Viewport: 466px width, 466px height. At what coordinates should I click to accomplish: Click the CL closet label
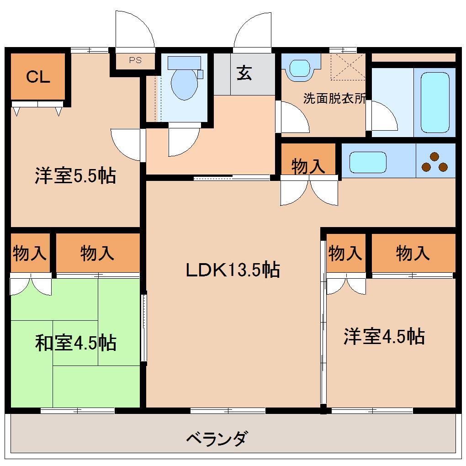point(38,77)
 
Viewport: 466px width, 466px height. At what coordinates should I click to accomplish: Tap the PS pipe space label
point(135,60)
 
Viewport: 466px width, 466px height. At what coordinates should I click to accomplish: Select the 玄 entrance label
point(244,73)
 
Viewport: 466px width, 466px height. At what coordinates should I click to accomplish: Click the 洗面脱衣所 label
point(334,98)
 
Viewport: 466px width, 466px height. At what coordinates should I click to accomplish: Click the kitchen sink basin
point(368,162)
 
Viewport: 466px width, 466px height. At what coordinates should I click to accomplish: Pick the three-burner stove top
point(435,162)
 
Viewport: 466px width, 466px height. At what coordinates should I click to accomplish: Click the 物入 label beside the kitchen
point(308,166)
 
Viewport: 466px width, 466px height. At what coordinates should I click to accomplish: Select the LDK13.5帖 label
point(233,270)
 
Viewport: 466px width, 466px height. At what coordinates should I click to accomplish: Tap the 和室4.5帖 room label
point(75,343)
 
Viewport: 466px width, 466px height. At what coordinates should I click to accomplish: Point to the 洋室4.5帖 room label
point(384,337)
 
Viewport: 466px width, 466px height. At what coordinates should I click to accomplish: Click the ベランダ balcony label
point(217,439)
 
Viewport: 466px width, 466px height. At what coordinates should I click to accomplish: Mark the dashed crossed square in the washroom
point(348,67)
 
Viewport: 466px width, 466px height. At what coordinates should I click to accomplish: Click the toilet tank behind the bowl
point(184,63)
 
